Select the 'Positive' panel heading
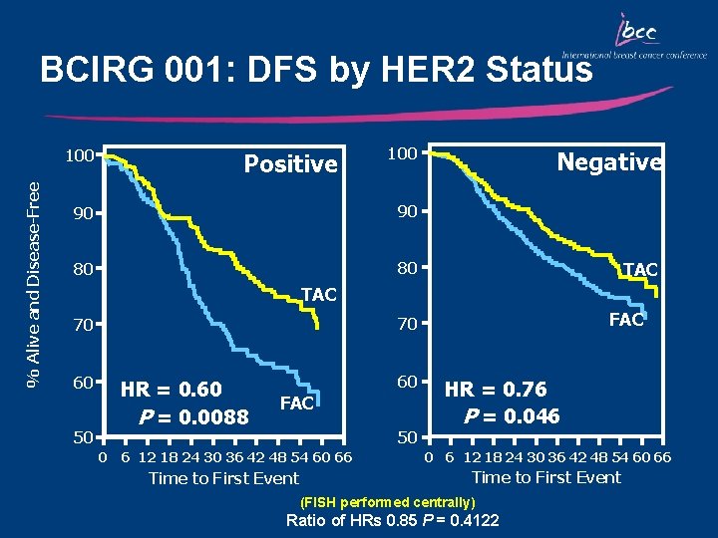pyautogui.click(x=290, y=164)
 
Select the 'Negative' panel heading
pyautogui.click(x=608, y=161)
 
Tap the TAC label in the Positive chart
pyautogui.click(x=318, y=295)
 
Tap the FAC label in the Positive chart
pyautogui.click(x=297, y=403)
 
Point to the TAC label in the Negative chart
pyautogui.click(x=639, y=270)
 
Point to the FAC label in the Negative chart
pyautogui.click(x=626, y=320)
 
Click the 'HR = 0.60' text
pyautogui.click(x=171, y=389)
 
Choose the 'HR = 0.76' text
pyautogui.click(x=495, y=390)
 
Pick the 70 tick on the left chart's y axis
pyautogui.click(x=81, y=325)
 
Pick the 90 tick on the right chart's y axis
pyautogui.click(x=405, y=211)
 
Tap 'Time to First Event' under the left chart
pyautogui.click(x=223, y=479)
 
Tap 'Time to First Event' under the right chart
pyautogui.click(x=545, y=477)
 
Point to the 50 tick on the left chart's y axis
pyautogui.click(x=81, y=437)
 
